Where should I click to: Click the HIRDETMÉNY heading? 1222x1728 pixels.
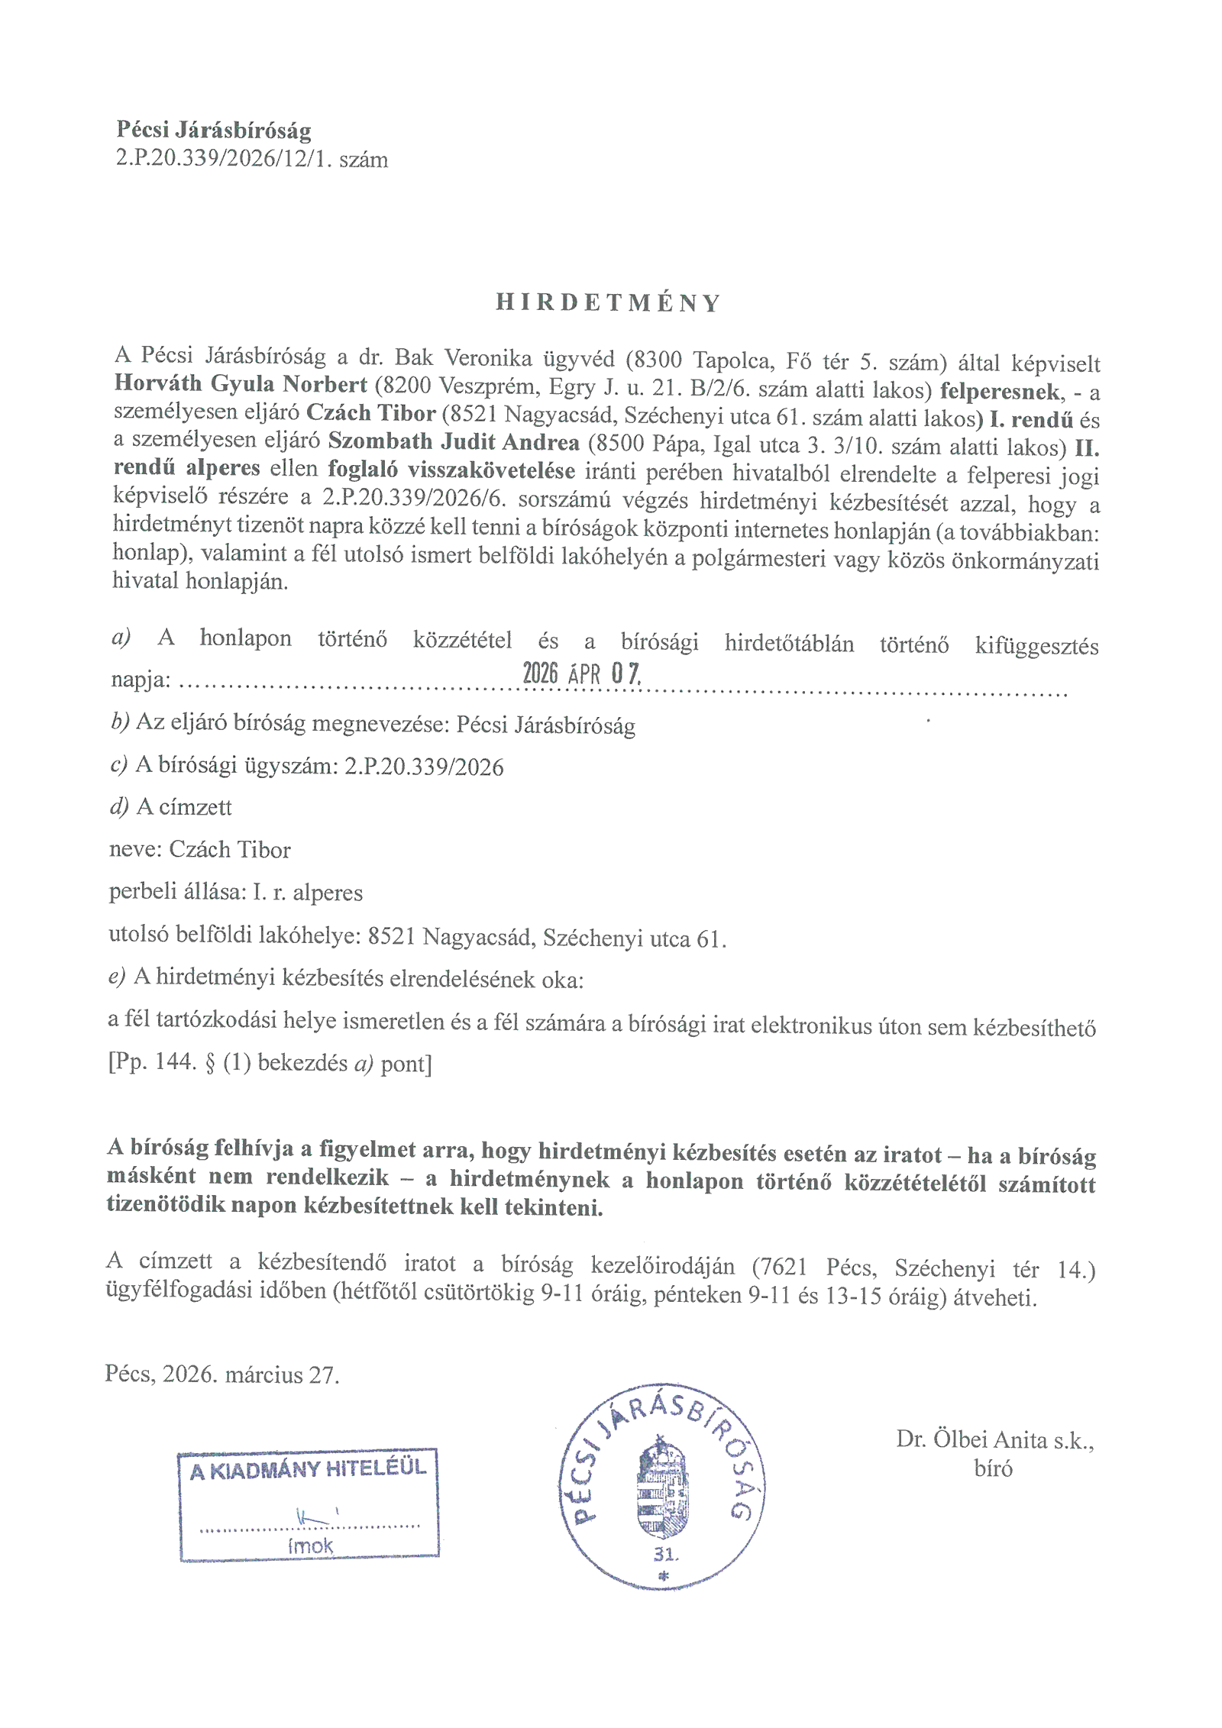[608, 302]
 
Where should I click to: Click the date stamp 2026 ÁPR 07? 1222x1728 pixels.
[581, 673]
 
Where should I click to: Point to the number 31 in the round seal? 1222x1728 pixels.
[664, 1554]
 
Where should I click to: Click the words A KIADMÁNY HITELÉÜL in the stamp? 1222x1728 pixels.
[308, 1469]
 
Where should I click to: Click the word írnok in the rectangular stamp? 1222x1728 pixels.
[310, 1546]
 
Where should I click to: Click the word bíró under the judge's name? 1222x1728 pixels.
[993, 1468]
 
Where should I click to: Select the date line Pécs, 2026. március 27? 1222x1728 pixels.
[221, 1374]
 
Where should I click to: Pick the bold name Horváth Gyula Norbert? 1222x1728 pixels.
[241, 383]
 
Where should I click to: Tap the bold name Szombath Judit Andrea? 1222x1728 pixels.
[454, 442]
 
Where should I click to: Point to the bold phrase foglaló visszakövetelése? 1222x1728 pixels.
[451, 470]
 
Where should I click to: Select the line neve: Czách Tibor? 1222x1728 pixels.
[199, 849]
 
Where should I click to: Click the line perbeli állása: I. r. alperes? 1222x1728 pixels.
[235, 892]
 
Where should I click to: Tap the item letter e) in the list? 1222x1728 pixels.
[116, 977]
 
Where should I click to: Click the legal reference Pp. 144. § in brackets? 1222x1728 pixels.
[160, 1062]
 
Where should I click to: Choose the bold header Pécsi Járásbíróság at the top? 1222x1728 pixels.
[214, 130]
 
